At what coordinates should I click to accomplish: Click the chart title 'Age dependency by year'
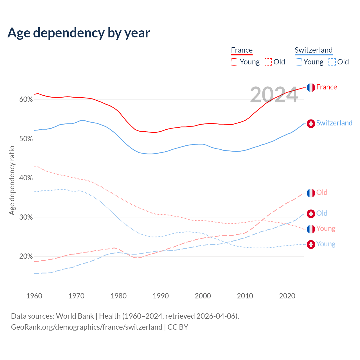79,33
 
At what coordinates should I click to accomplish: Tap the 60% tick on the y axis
26,100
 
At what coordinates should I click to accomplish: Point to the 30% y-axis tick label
26,217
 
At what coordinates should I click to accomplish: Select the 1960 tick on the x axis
34,296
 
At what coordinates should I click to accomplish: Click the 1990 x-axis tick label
161,296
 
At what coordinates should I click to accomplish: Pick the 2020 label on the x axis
287,296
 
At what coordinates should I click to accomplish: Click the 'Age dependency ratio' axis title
12,180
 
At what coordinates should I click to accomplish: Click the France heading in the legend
242,50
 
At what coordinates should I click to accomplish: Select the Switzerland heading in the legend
314,50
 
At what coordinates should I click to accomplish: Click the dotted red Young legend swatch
235,62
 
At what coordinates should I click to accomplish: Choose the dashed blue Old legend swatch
332,62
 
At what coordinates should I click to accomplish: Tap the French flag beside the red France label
311,87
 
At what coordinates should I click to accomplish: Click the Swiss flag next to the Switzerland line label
311,123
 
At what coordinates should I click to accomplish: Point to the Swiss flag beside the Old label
311,214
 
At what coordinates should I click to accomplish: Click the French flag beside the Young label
311,229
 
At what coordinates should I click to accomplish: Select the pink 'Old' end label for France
322,192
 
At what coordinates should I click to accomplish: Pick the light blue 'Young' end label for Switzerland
326,244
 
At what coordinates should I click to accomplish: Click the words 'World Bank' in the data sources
75,316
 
